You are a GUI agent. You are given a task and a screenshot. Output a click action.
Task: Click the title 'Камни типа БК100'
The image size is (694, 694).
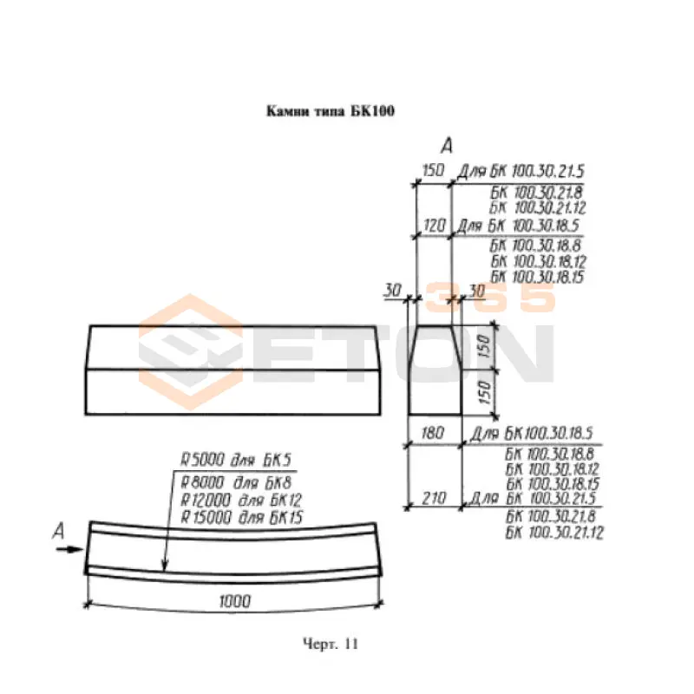pyautogui.click(x=331, y=111)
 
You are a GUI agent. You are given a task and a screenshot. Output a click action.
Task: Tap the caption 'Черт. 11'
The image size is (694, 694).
pyautogui.click(x=331, y=644)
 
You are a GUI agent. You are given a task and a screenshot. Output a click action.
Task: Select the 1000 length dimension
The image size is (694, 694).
pyautogui.click(x=234, y=601)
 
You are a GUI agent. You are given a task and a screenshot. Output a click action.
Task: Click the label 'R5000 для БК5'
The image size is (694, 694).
pyautogui.click(x=236, y=460)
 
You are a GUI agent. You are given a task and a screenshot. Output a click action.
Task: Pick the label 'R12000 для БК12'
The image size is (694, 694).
pyautogui.click(x=241, y=501)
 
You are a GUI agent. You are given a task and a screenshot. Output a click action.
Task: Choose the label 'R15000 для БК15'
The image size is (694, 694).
pyautogui.click(x=242, y=517)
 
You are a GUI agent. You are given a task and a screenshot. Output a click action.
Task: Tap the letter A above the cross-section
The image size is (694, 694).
pyautogui.click(x=447, y=146)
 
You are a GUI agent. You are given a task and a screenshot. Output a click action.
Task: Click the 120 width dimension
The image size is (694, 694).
pyautogui.click(x=434, y=226)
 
